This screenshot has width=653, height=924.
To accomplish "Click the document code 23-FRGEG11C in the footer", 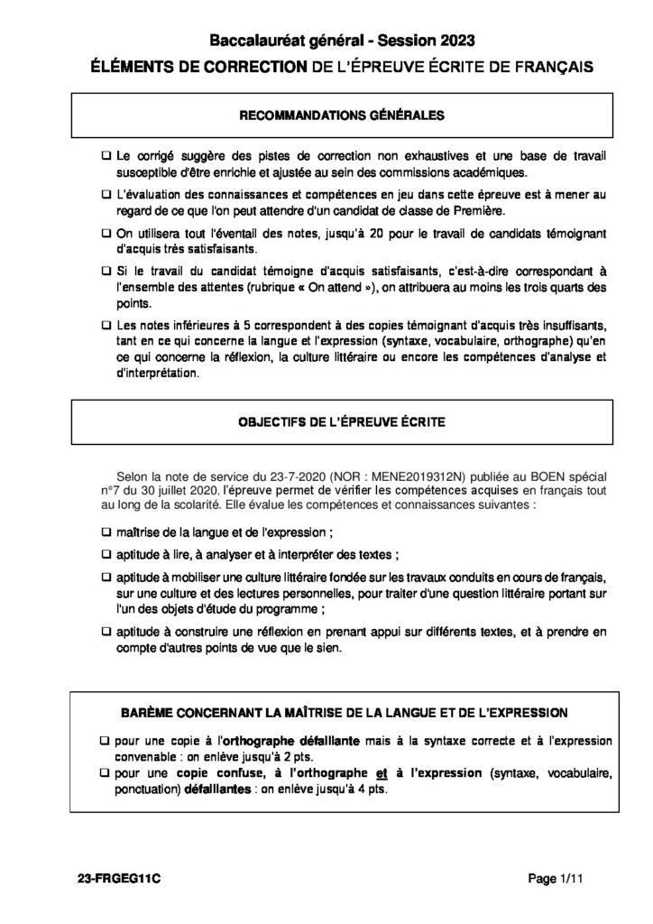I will (x=113, y=878).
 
